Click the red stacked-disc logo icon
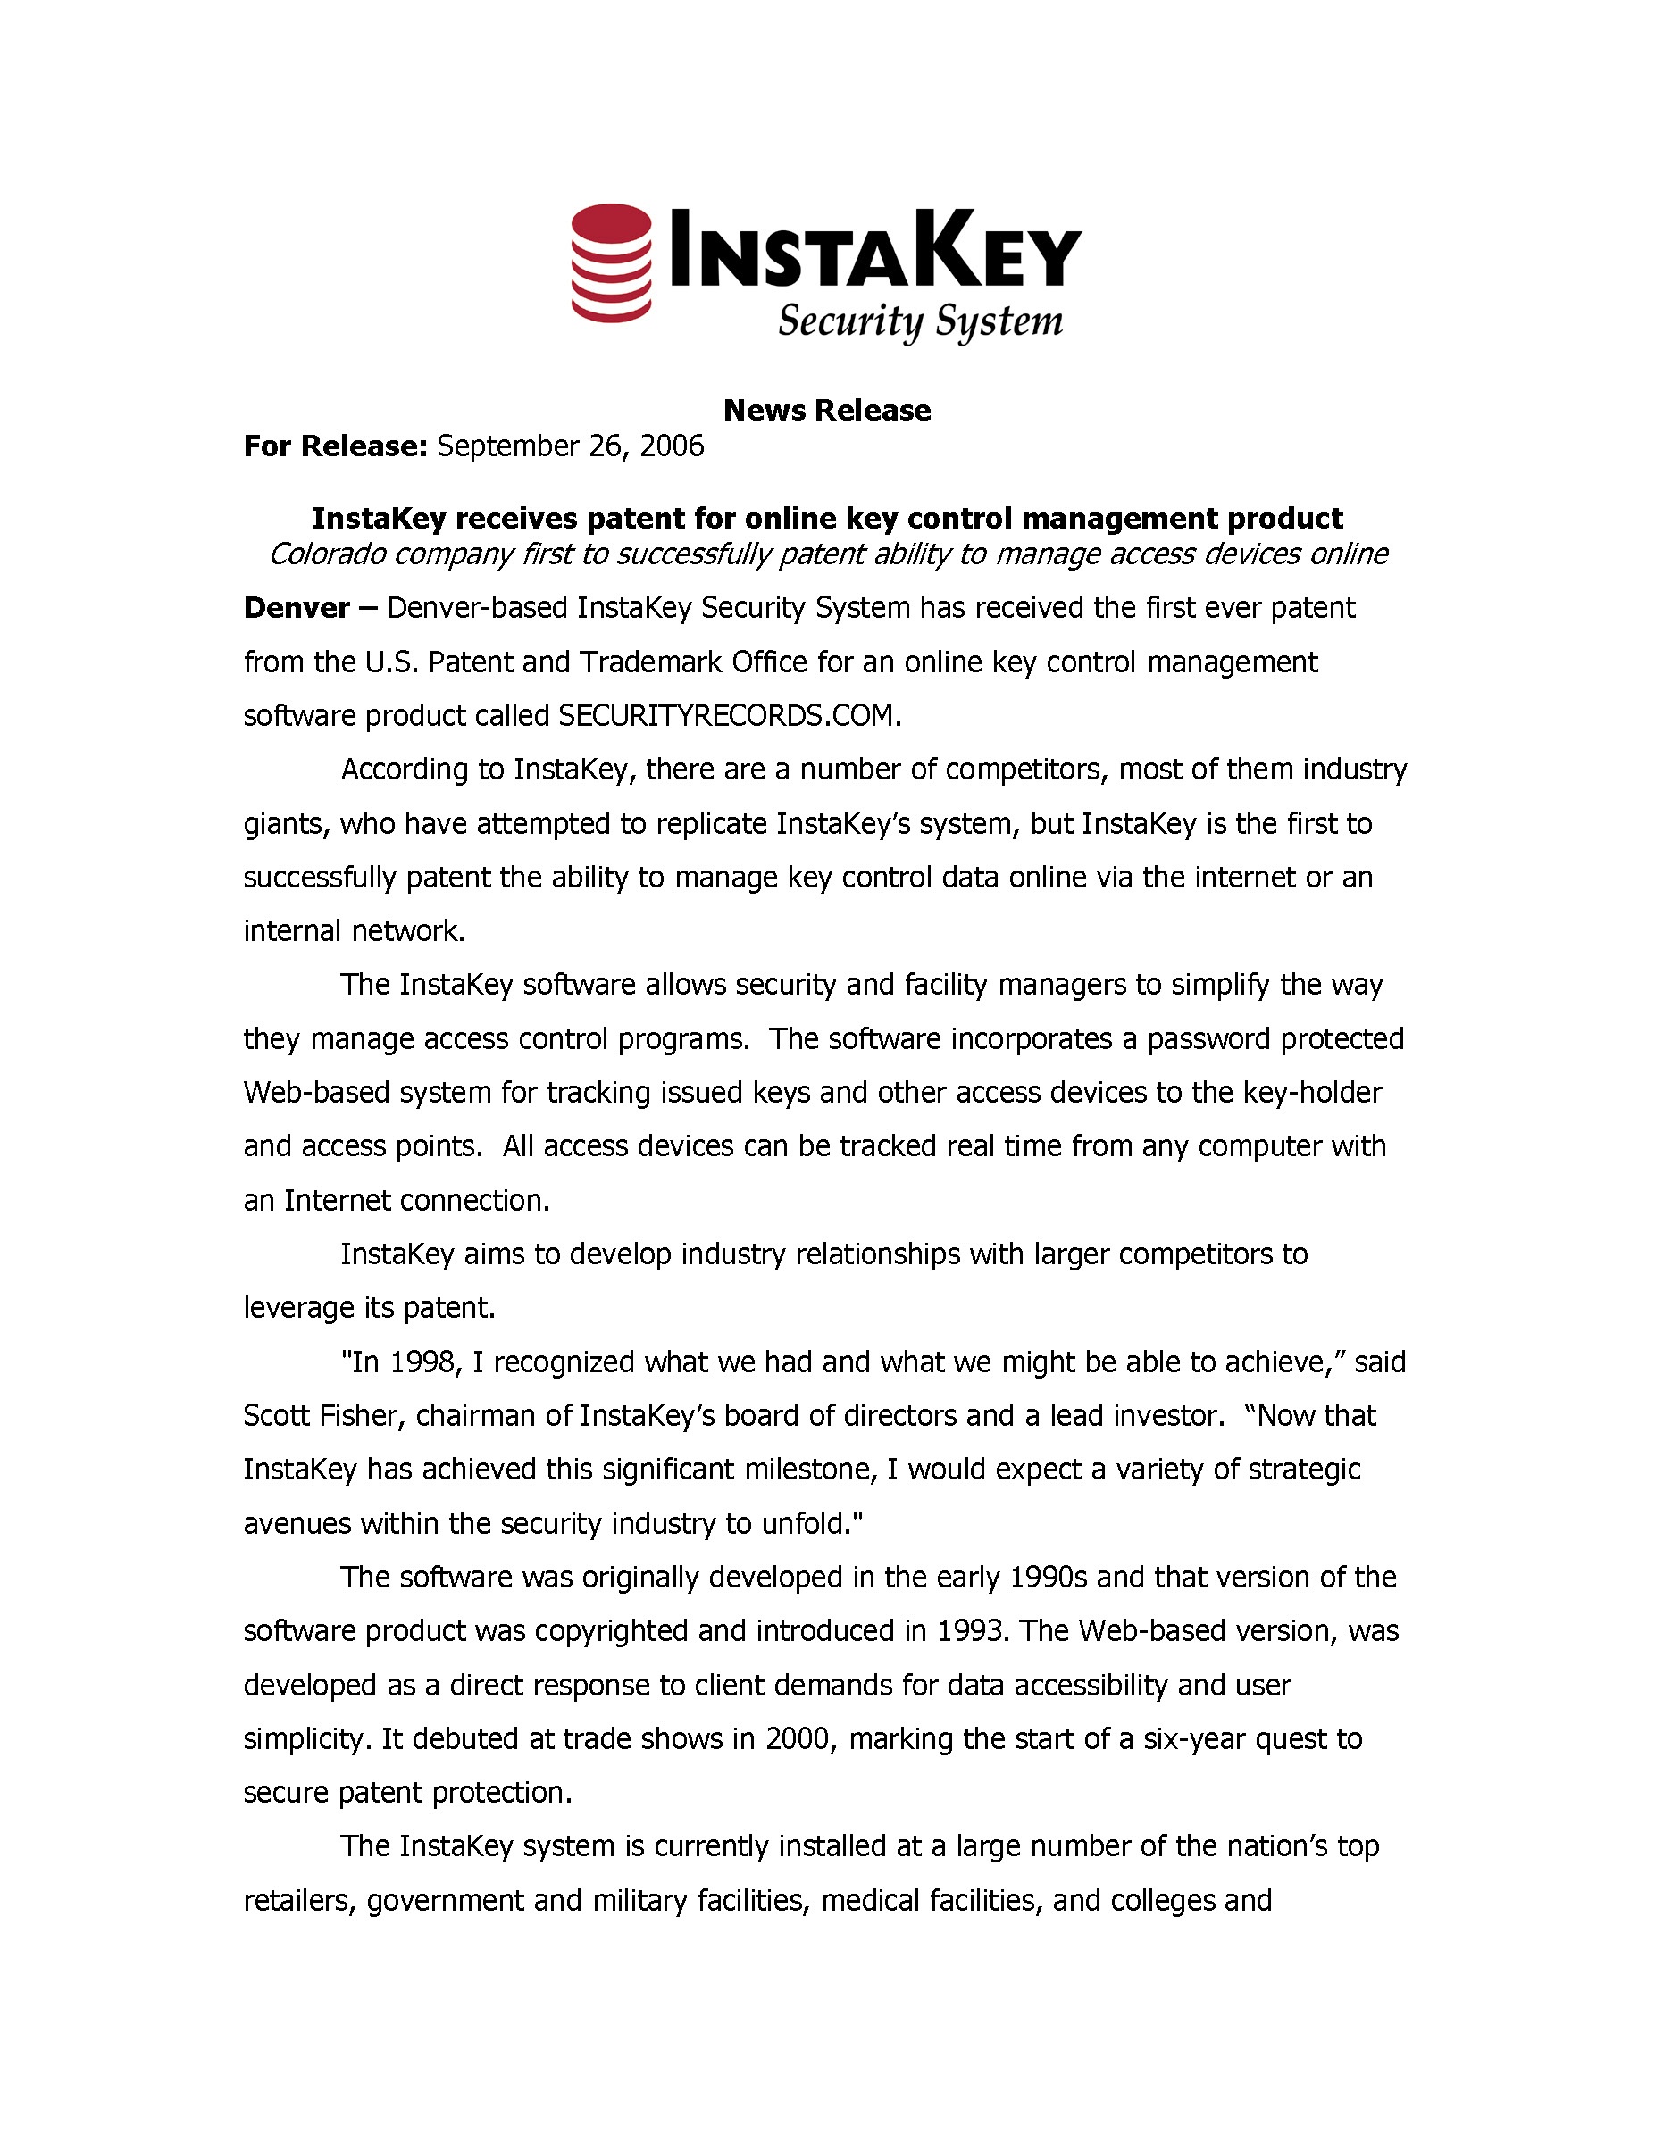pos(611,262)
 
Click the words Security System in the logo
pos(920,321)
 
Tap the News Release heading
pos(826,410)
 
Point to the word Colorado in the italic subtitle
pos(328,554)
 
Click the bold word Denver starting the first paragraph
pos(297,608)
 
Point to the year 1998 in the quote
pos(422,1362)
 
